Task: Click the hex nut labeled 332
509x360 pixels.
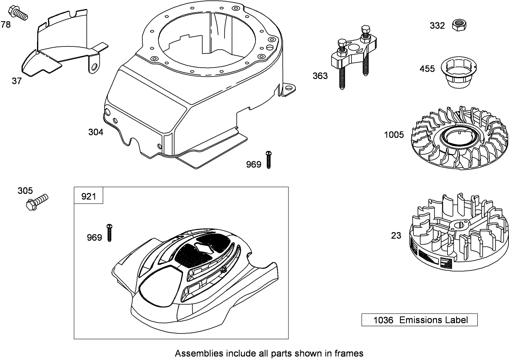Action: [459, 25]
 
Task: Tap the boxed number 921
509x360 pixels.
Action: [89, 196]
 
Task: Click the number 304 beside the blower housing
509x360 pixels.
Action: [96, 132]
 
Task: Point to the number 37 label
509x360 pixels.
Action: [17, 81]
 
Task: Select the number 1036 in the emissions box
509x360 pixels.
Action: [383, 320]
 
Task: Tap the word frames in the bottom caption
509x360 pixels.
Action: [350, 353]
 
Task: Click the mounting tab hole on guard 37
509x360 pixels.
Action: [94, 66]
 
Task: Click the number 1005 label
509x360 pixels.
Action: [394, 134]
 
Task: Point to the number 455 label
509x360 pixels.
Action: [427, 68]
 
